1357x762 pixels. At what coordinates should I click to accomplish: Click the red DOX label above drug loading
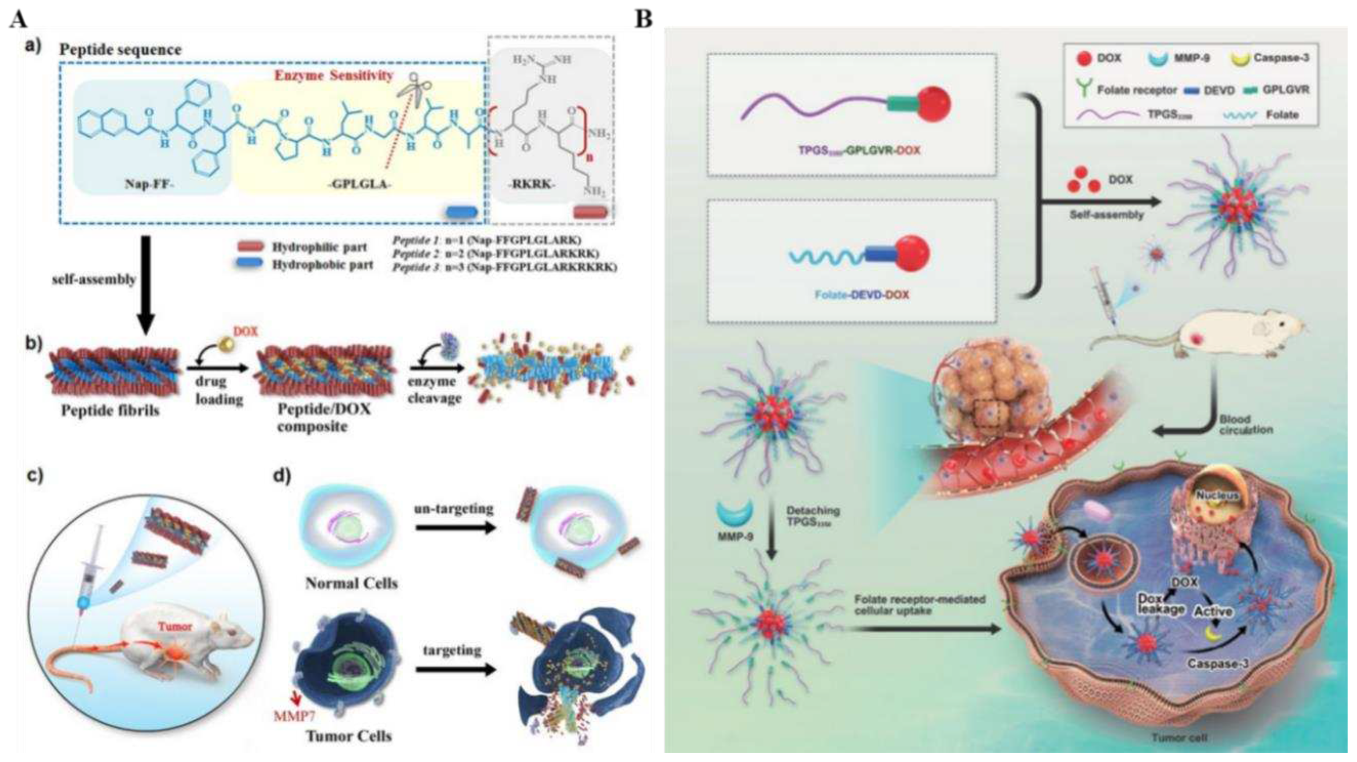[246, 331]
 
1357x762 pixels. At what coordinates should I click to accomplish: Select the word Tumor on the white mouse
[176, 627]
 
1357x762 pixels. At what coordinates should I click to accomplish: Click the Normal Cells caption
[351, 583]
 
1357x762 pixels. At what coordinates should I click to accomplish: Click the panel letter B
[644, 20]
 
